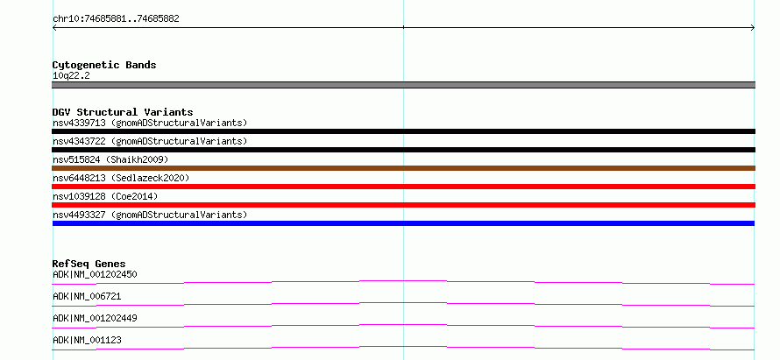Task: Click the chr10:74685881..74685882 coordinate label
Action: [116, 19]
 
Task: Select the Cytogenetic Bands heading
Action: [104, 65]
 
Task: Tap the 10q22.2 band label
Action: [71, 76]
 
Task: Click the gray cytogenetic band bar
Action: [403, 85]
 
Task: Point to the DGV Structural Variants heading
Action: [123, 112]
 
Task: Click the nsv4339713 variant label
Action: [150, 123]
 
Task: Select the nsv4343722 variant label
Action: [150, 141]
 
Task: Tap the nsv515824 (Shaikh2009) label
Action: [110, 159]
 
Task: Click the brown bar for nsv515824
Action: [403, 168]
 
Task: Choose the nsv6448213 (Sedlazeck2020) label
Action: [121, 178]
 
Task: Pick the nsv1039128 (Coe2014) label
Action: [105, 196]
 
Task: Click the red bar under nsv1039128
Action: [403, 205]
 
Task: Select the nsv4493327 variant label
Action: [150, 215]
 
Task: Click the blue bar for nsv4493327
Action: [403, 223]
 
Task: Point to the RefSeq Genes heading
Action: [89, 264]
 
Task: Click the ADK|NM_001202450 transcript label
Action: [95, 274]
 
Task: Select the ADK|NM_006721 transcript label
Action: [87, 296]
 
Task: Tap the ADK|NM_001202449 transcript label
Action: [95, 318]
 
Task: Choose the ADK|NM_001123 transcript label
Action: [87, 340]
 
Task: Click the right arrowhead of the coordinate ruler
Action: [754, 28]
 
